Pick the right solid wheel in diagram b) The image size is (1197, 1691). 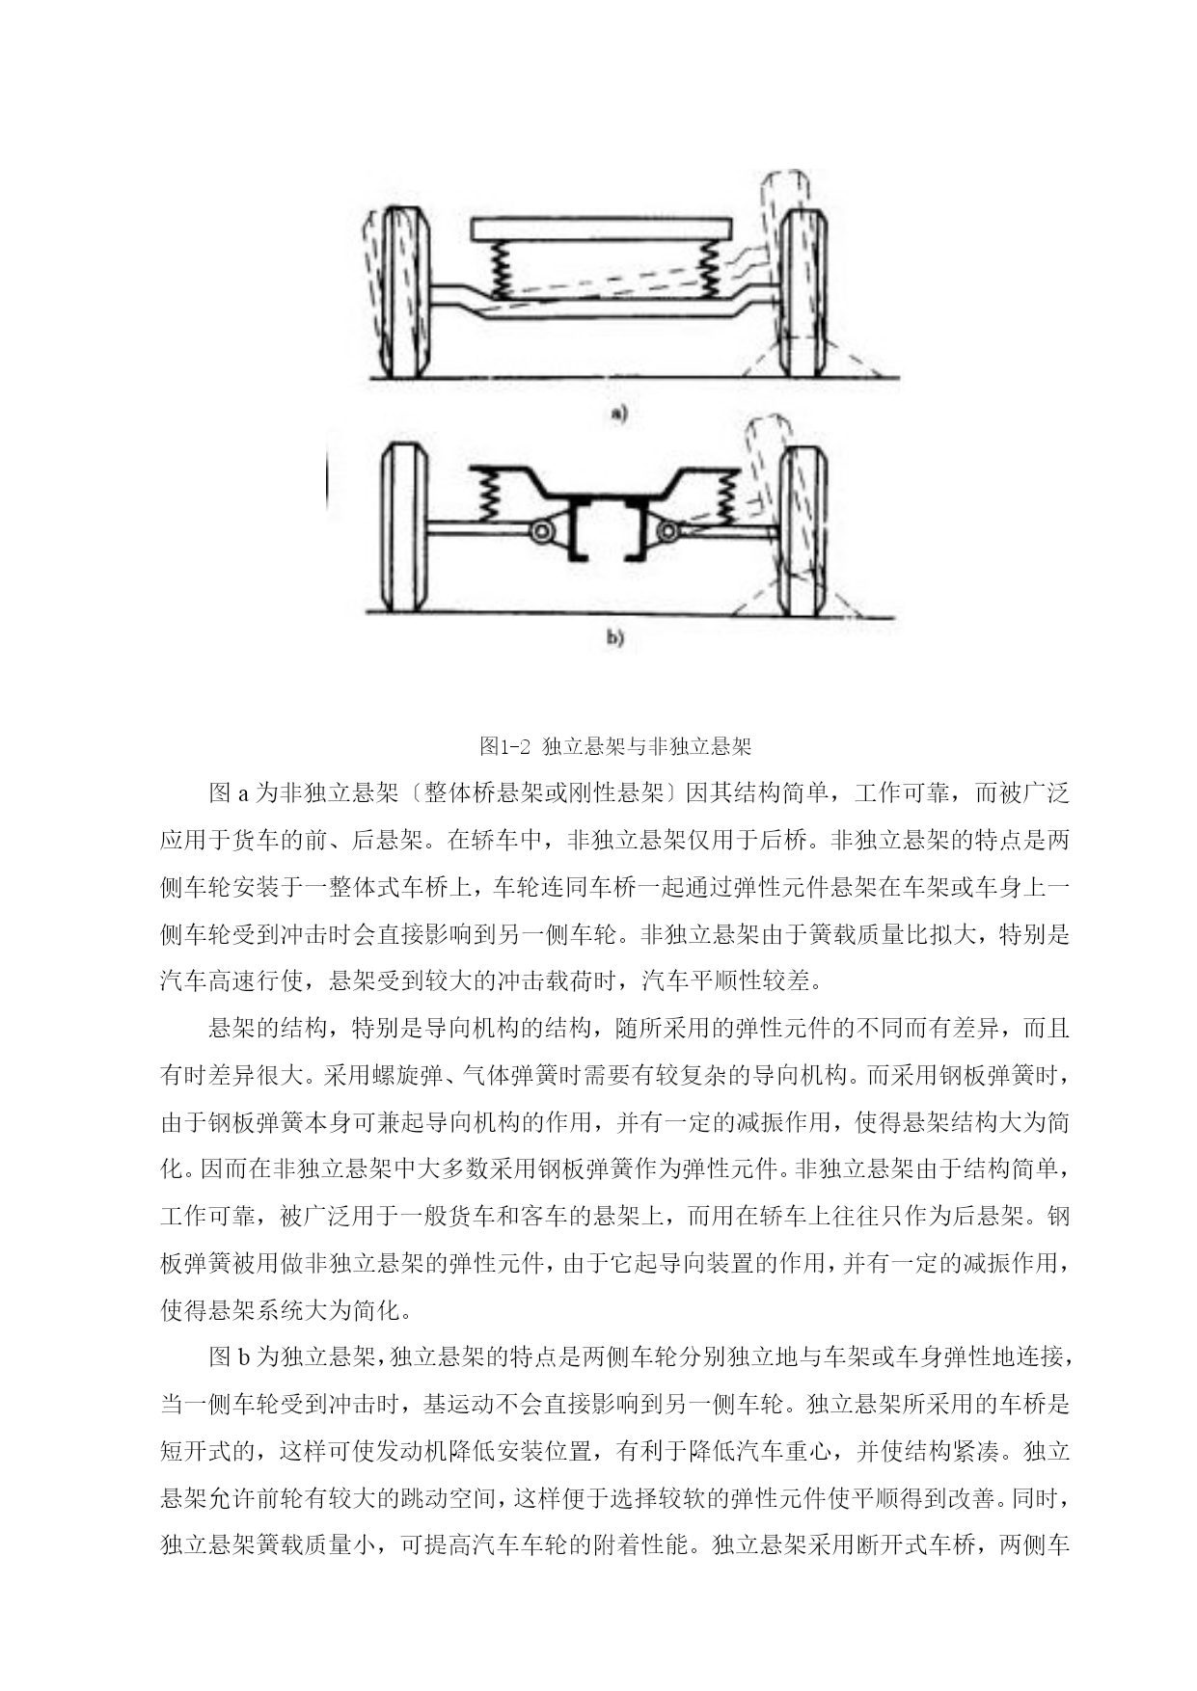coord(803,530)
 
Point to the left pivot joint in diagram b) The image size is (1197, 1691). coord(541,531)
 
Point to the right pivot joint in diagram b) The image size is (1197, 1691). coord(666,530)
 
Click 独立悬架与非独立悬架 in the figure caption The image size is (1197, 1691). coord(647,746)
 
